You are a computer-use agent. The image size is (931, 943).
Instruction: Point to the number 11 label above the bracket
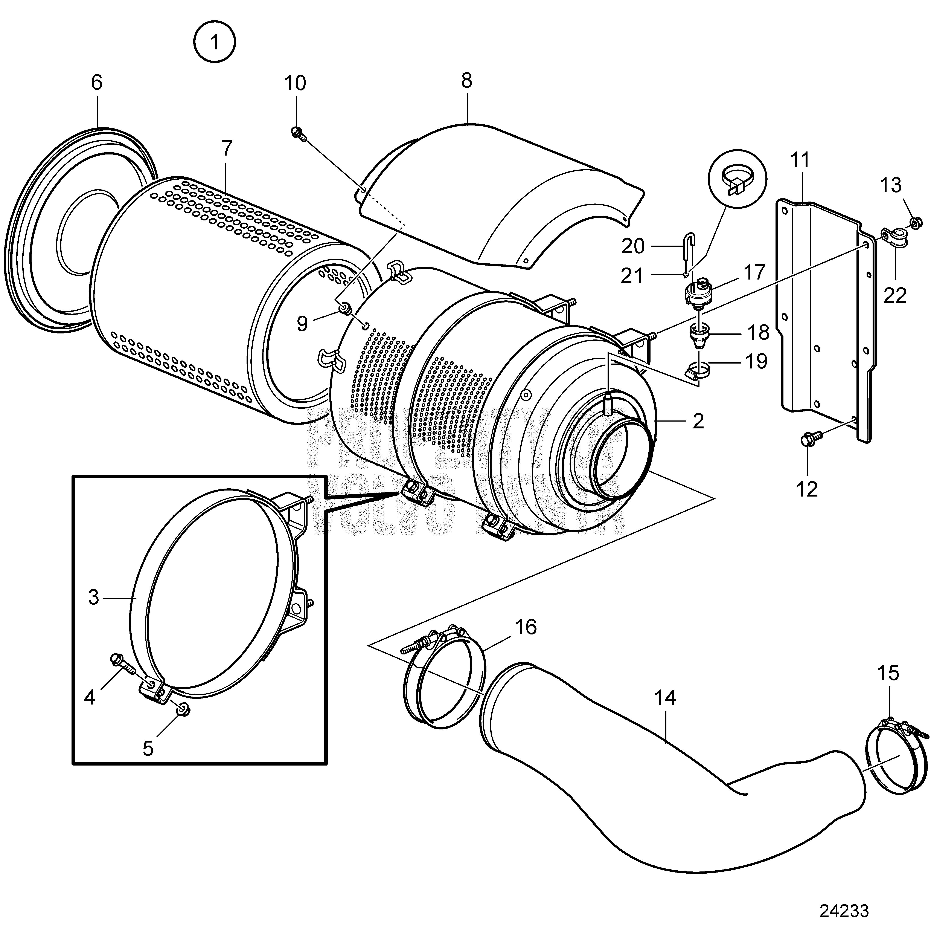click(800, 160)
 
